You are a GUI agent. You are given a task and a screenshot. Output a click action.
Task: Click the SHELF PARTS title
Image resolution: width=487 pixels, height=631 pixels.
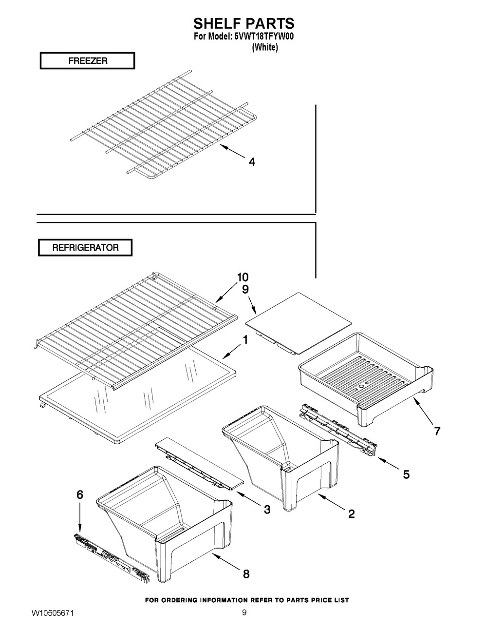tap(244, 23)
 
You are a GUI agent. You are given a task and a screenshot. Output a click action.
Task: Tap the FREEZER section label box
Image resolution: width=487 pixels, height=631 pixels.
tap(87, 61)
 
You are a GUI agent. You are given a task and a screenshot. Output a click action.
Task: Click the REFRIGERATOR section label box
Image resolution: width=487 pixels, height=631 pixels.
tap(85, 247)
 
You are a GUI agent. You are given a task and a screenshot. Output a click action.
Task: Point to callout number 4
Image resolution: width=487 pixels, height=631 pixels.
tap(251, 162)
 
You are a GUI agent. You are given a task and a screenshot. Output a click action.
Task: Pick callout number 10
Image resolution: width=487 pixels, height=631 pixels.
tap(243, 277)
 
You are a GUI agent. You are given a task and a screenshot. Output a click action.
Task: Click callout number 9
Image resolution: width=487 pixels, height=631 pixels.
tap(245, 289)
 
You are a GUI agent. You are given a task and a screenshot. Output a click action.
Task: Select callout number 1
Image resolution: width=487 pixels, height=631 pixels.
tap(245, 340)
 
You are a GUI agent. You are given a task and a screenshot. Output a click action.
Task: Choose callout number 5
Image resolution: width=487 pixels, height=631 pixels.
tap(406, 473)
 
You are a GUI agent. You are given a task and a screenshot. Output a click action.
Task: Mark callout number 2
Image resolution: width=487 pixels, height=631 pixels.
tap(351, 513)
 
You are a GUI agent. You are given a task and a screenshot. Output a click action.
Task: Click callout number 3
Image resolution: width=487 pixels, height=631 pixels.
tap(267, 510)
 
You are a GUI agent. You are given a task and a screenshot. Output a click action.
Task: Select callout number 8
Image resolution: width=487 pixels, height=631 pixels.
tap(246, 574)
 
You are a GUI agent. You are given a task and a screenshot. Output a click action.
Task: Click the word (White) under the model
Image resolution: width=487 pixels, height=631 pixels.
tap(264, 48)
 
